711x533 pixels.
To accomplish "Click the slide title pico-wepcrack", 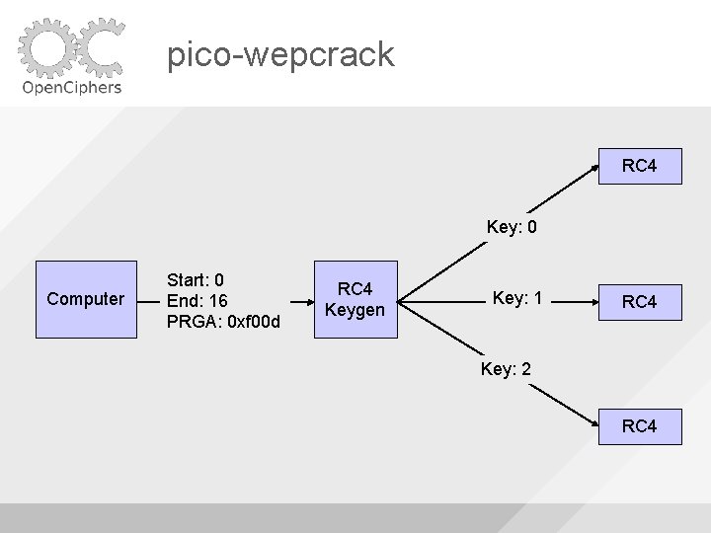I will (280, 53).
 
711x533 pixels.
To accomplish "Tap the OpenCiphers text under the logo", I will (71, 87).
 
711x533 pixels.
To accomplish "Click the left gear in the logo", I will (46, 47).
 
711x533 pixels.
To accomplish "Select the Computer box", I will (86, 299).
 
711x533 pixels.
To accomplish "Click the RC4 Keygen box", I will (355, 299).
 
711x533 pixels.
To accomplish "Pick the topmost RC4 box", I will (640, 166).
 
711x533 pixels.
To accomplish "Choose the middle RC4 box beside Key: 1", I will (640, 301).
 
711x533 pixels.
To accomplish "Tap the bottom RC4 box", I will (640, 426).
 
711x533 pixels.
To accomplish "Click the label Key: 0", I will (512, 228).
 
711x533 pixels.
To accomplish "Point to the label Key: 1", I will (518, 298).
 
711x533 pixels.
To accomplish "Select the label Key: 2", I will (506, 369).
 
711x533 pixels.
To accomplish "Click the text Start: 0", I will (196, 279).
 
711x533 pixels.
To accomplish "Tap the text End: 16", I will (198, 300).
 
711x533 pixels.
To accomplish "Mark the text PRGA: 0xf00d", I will (223, 322).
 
